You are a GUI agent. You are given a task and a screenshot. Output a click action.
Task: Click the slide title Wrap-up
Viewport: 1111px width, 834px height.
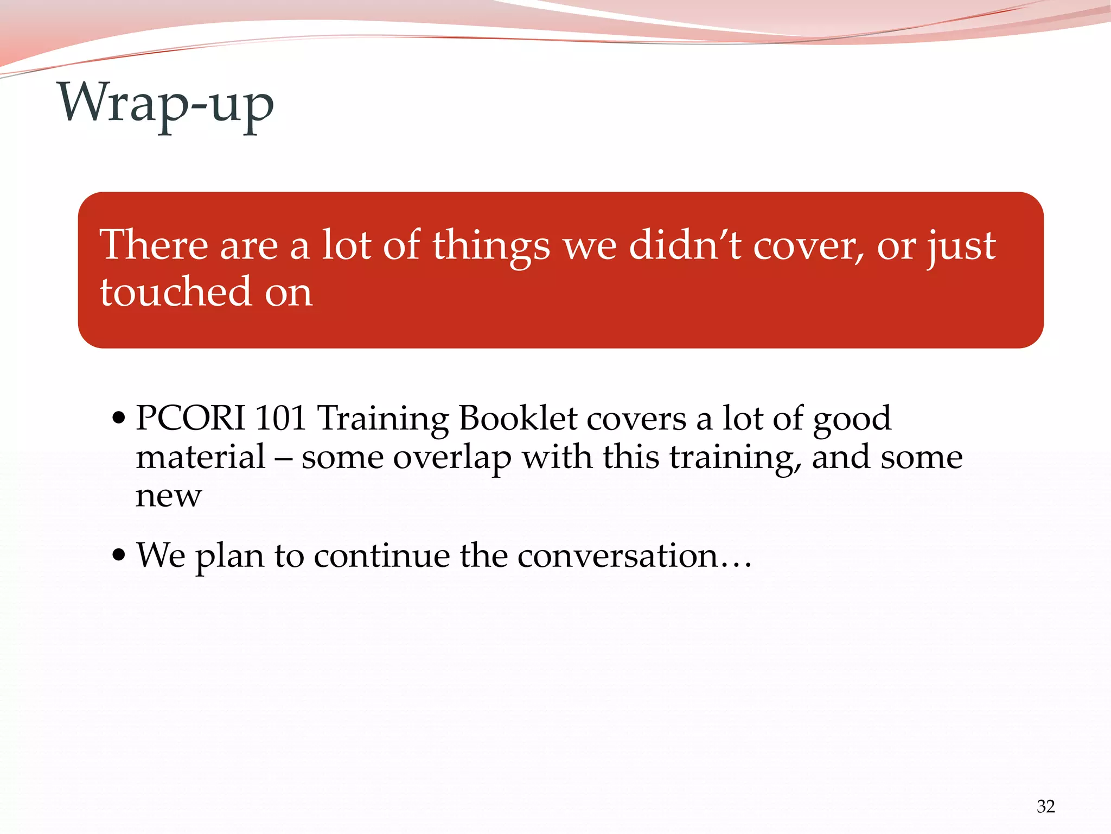[166, 103]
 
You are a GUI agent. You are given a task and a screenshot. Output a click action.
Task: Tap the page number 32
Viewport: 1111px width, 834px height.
[1045, 806]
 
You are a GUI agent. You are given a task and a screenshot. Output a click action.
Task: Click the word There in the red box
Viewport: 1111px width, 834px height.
[154, 245]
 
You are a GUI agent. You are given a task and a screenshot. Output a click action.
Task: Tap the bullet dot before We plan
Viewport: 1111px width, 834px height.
[118, 555]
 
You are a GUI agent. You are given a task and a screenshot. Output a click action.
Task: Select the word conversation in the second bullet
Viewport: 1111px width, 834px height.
[618, 555]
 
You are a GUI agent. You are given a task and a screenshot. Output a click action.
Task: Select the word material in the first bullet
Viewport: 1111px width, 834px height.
[200, 457]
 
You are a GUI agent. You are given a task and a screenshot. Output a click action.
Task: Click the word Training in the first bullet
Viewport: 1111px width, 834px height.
[382, 419]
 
